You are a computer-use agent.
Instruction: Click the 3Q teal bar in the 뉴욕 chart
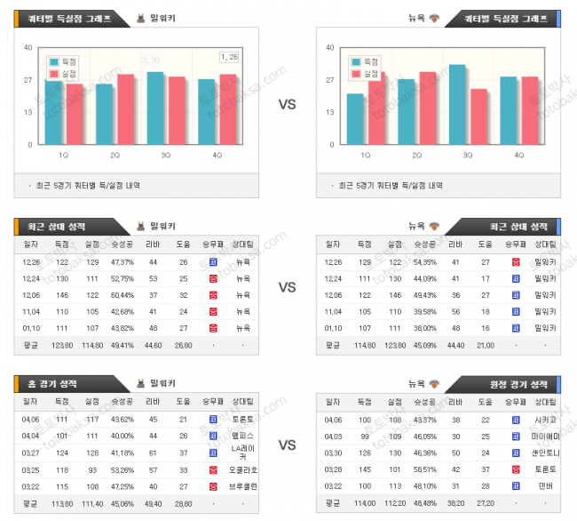[x=457, y=104]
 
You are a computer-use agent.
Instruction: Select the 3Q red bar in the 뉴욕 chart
[x=478, y=116]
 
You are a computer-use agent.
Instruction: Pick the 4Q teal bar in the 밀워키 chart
[x=206, y=112]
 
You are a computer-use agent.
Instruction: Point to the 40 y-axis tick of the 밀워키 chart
[x=28, y=48]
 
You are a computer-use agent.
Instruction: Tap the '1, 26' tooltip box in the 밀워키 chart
[x=229, y=57]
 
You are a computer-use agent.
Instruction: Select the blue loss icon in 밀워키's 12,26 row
[x=213, y=262]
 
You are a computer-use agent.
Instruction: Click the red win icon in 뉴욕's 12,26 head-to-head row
[x=516, y=262]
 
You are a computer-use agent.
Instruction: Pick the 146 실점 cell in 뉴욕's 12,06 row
[x=393, y=294]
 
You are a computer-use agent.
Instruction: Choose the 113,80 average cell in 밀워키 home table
[x=61, y=504]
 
